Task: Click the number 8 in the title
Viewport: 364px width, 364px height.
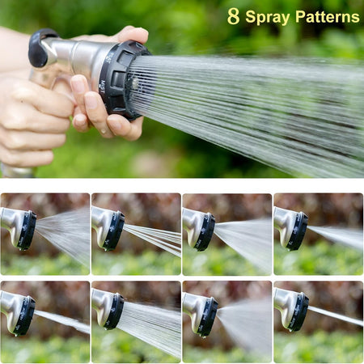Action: [233, 16]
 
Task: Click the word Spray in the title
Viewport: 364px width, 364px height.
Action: [267, 17]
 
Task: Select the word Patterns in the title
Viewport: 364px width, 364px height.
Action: [327, 17]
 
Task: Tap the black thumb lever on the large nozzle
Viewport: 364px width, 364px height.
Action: [40, 48]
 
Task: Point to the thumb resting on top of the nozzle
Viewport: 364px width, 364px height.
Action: [129, 35]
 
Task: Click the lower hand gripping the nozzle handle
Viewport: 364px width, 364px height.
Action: [32, 121]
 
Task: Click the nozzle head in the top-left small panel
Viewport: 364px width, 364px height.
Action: [24, 230]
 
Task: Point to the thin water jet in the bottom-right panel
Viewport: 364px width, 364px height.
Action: [336, 316]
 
